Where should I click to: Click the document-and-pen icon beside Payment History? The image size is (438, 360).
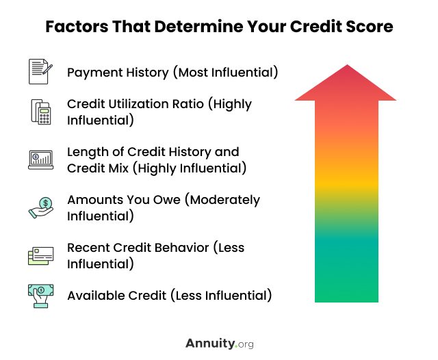click(x=40, y=71)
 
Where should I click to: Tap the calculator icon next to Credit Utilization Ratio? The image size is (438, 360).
click(x=41, y=112)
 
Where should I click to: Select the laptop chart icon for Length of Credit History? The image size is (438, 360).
click(x=41, y=159)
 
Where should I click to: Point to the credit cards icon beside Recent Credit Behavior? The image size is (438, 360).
click(x=41, y=255)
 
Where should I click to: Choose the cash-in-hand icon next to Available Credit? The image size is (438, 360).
click(x=41, y=296)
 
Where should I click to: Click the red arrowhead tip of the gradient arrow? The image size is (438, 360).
click(x=347, y=65)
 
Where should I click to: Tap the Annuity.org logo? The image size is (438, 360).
click(x=220, y=344)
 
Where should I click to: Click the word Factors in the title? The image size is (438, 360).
click(x=77, y=27)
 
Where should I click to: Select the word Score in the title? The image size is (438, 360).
click(x=370, y=27)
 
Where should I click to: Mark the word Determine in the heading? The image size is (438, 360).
click(x=198, y=27)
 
